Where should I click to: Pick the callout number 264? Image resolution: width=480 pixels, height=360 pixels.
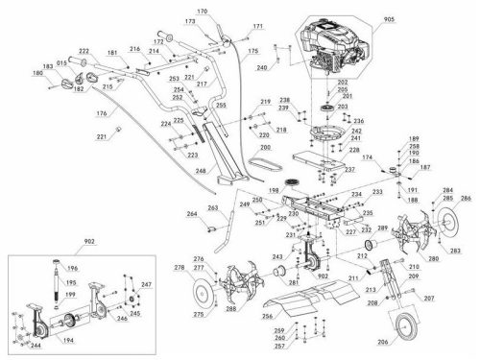(192, 213)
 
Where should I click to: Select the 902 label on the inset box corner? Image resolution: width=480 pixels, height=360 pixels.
(37, 242)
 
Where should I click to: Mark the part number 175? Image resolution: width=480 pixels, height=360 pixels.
(253, 50)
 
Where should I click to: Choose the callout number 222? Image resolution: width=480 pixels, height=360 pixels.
(84, 50)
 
